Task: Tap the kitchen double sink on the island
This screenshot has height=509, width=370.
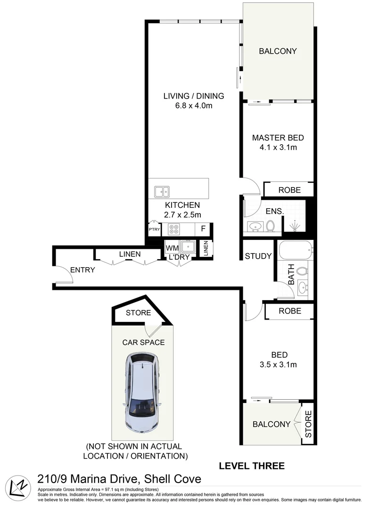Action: (x=162, y=191)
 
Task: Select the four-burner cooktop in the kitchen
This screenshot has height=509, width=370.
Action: (x=173, y=230)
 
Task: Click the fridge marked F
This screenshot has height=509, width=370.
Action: (x=203, y=230)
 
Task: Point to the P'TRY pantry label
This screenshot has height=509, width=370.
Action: (x=154, y=230)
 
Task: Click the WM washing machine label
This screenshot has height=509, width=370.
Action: (x=172, y=248)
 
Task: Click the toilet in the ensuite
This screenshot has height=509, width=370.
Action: (x=271, y=226)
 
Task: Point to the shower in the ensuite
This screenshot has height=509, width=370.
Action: (x=295, y=227)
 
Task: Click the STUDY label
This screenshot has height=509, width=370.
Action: (x=258, y=256)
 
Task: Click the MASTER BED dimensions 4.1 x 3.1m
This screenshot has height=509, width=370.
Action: (x=278, y=148)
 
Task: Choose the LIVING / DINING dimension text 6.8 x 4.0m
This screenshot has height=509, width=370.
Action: (x=193, y=106)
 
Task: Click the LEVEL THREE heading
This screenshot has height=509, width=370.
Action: (x=252, y=466)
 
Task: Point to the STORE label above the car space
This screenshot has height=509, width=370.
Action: (x=138, y=312)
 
